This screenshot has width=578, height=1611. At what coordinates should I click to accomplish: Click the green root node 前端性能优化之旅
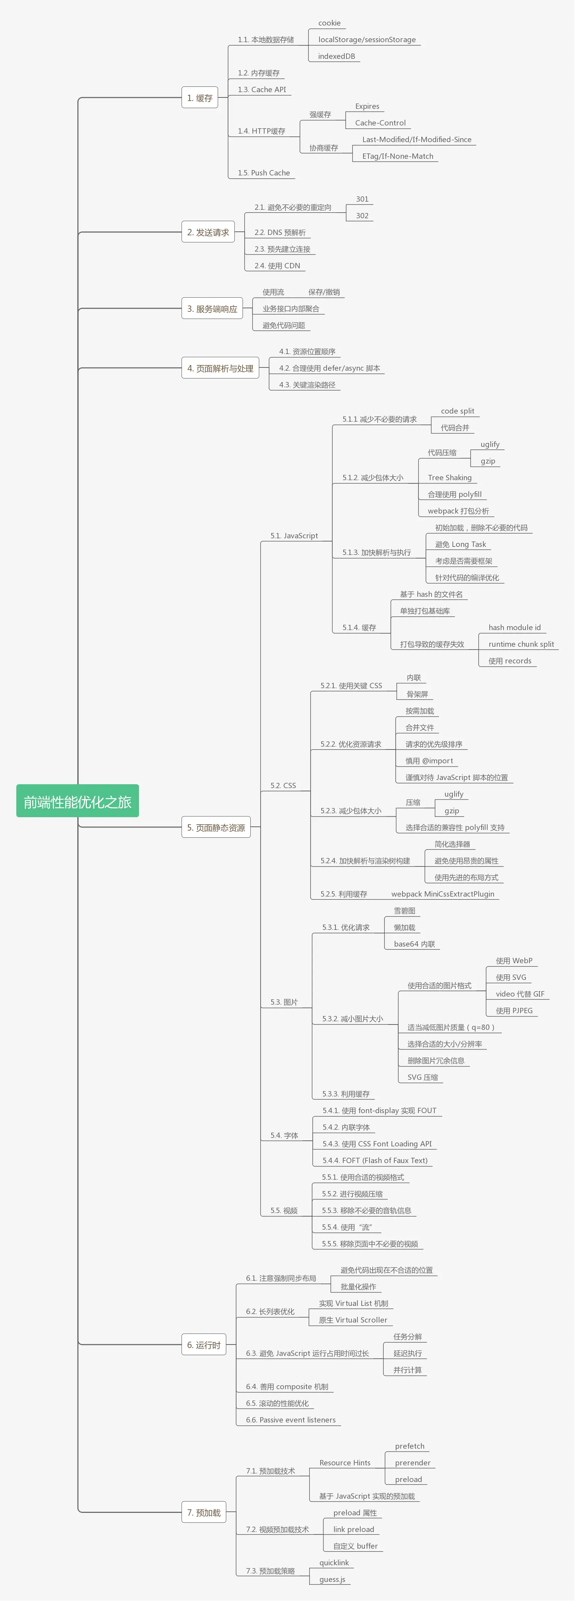click(x=78, y=801)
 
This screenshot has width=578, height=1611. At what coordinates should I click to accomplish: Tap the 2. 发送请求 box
click(x=208, y=232)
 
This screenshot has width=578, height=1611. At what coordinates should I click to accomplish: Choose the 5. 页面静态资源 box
click(x=216, y=827)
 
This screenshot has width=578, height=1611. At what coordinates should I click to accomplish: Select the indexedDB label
click(x=337, y=56)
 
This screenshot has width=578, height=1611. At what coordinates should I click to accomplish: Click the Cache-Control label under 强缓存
click(x=380, y=123)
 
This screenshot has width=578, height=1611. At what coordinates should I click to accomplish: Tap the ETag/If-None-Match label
click(x=398, y=156)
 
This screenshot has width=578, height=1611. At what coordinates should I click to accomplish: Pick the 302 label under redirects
click(x=362, y=216)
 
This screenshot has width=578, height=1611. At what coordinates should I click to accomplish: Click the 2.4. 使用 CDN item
click(x=277, y=266)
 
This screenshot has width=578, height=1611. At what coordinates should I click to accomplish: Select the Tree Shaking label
click(x=450, y=478)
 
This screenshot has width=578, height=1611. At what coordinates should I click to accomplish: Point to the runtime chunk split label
click(x=521, y=644)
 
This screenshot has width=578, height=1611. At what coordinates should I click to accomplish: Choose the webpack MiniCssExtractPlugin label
click(x=443, y=894)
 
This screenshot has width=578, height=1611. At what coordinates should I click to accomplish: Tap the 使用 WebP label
click(x=514, y=961)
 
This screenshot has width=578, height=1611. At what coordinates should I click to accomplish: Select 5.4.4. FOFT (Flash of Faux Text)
click(x=375, y=1161)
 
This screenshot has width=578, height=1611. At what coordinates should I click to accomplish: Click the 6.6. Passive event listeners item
click(x=291, y=1420)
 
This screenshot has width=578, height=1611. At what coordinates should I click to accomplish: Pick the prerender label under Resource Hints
click(x=413, y=1463)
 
